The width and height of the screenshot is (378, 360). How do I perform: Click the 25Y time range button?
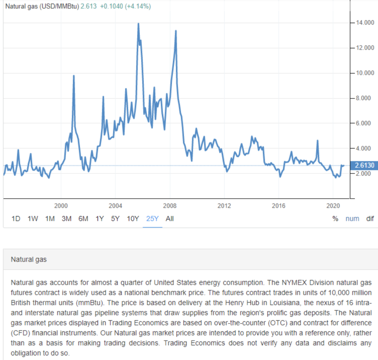pos(152,218)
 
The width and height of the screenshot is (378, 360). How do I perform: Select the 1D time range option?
pos(16,218)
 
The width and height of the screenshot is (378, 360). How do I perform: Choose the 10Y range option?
pos(133,218)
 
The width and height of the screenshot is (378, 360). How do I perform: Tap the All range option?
pos(169,218)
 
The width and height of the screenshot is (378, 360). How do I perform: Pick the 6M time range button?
pos(83,218)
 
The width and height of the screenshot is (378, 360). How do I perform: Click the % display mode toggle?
pos(335,218)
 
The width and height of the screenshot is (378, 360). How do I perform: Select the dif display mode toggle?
pos(370,218)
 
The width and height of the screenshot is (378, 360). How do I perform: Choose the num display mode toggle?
pos(352,218)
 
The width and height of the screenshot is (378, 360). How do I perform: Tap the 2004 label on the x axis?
pos(115,206)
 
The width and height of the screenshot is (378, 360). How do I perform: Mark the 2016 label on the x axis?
pos(279,206)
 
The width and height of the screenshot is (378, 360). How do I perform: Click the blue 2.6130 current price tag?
pos(364,166)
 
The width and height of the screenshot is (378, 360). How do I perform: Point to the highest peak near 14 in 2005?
pos(138,24)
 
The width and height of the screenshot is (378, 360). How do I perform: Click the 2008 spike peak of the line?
pos(176,31)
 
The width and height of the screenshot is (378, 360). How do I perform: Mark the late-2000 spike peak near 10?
pos(73,76)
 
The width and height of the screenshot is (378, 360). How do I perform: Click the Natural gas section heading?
pos(29,259)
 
